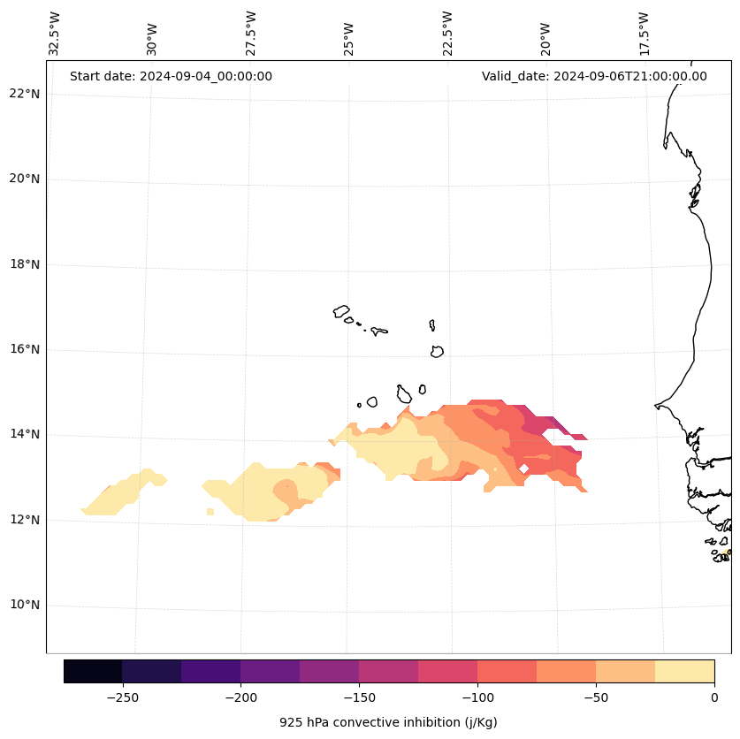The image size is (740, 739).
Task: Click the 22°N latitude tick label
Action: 25,94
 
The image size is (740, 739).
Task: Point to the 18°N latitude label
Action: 25,264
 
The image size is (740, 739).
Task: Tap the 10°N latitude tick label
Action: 25,605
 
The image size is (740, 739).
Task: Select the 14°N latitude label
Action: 25,434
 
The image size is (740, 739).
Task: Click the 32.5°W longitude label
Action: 55,34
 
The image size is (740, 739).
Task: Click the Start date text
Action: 171,76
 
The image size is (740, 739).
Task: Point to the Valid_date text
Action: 594,76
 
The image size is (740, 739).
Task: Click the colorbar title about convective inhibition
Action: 388,722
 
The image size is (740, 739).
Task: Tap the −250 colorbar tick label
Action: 123,697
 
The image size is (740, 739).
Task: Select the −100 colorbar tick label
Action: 477,697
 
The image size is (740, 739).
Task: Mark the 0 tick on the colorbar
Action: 713,697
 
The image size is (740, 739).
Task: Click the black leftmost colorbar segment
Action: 93,671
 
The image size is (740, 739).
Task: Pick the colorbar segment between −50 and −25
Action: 625,671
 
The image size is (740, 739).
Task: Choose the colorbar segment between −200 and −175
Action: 270,671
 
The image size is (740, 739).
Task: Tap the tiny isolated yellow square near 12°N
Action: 210,512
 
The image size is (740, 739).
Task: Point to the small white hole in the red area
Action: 524,469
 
